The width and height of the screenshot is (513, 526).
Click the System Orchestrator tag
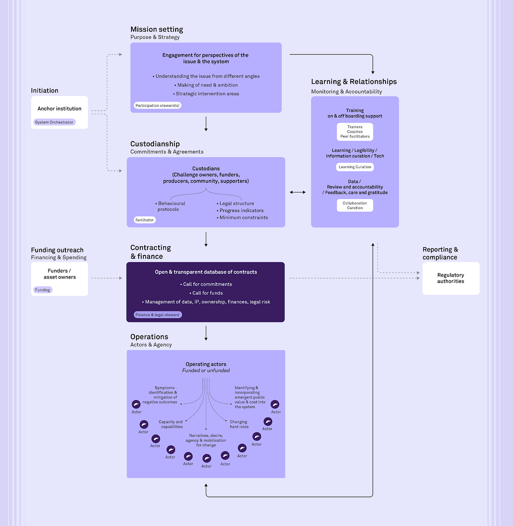tap(54, 122)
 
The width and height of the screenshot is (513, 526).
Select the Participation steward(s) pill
tap(158, 105)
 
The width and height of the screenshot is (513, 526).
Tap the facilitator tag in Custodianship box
tap(145, 220)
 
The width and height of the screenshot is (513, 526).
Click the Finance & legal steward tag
tap(158, 315)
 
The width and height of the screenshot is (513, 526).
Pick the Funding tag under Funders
tap(43, 290)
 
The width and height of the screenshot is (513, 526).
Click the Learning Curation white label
tap(355, 167)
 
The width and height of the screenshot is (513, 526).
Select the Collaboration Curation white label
tap(355, 206)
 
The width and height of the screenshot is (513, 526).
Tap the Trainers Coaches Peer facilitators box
tap(355, 132)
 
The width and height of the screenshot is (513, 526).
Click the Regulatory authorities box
tap(451, 278)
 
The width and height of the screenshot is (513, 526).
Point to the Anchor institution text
tap(59, 108)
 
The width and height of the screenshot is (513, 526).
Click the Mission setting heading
tap(157, 29)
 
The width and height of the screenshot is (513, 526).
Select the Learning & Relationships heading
tap(354, 82)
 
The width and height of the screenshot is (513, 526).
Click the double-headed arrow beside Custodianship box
tap(298, 192)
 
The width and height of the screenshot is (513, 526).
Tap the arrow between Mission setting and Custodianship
tap(206, 124)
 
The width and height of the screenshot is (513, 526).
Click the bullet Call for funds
tap(207, 293)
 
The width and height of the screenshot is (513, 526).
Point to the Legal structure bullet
tap(236, 204)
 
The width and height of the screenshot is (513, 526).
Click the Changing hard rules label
tap(239, 424)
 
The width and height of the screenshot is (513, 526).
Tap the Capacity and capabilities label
tap(171, 424)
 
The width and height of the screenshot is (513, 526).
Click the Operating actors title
tap(206, 364)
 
